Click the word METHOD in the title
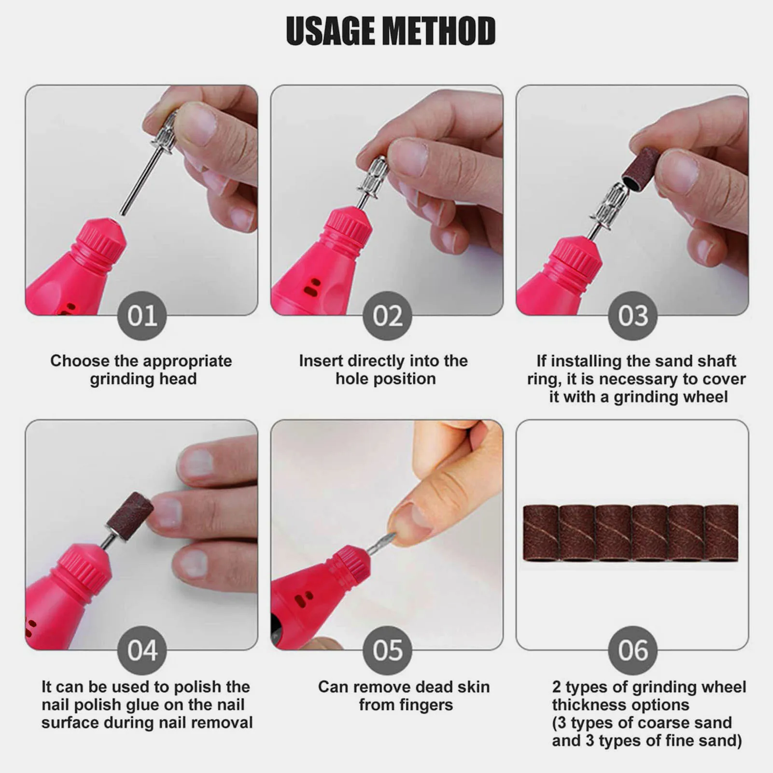point(438,31)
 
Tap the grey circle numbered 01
point(142,316)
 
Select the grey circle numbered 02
point(387,316)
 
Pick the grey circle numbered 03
point(632,316)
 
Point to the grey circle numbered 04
point(142,650)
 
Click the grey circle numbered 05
point(387,650)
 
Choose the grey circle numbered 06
point(632,650)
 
